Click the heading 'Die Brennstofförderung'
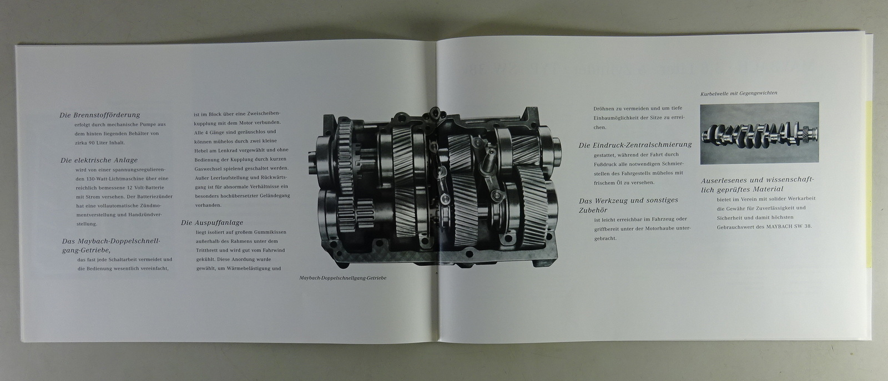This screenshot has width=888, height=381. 100,115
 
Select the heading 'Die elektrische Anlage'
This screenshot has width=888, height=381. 99,160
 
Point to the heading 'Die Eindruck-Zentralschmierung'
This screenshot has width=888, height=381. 635,145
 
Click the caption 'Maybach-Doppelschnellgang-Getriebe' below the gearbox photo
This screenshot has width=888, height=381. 343,278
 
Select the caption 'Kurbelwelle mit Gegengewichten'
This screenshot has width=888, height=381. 739,93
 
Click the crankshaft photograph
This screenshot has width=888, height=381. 760,134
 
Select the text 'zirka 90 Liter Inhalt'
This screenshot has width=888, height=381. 99,143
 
